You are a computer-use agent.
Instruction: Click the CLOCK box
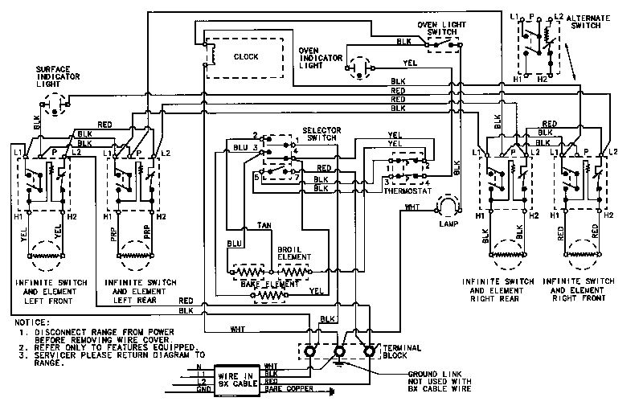[245, 57]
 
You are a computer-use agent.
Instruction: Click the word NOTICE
[31, 322]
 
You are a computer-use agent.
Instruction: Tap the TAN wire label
[264, 226]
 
